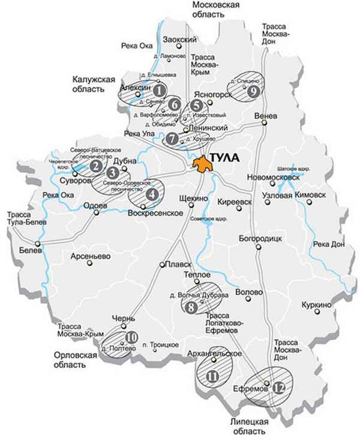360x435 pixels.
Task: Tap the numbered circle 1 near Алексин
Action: pyautogui.click(x=160, y=91)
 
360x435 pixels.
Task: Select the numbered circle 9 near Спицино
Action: pyautogui.click(x=253, y=91)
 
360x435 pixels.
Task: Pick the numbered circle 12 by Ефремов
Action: pyautogui.click(x=277, y=388)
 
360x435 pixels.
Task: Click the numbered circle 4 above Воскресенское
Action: pyautogui.click(x=152, y=194)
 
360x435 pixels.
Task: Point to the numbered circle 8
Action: pyautogui.click(x=191, y=307)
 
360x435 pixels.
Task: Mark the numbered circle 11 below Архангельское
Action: pyautogui.click(x=212, y=376)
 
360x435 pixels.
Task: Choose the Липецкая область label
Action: pyautogui.click(x=248, y=426)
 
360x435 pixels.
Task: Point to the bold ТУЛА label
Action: pyautogui.click(x=226, y=158)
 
